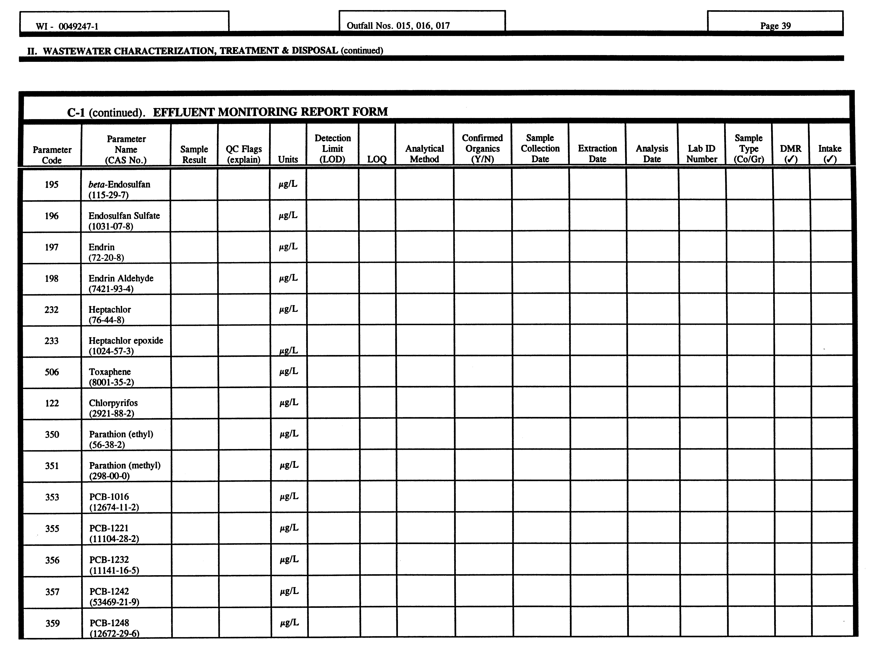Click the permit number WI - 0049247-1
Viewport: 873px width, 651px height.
pyautogui.click(x=67, y=26)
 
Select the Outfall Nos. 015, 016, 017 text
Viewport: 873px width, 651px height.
pyautogui.click(x=398, y=26)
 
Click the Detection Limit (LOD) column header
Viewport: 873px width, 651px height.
pyautogui.click(x=332, y=149)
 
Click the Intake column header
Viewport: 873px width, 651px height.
pyautogui.click(x=830, y=154)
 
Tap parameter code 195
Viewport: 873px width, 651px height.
pyautogui.click(x=52, y=184)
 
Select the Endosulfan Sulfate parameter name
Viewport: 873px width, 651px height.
pyautogui.click(x=124, y=216)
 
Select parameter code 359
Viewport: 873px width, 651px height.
pyautogui.click(x=52, y=623)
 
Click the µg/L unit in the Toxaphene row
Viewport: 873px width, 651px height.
pyautogui.click(x=289, y=371)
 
